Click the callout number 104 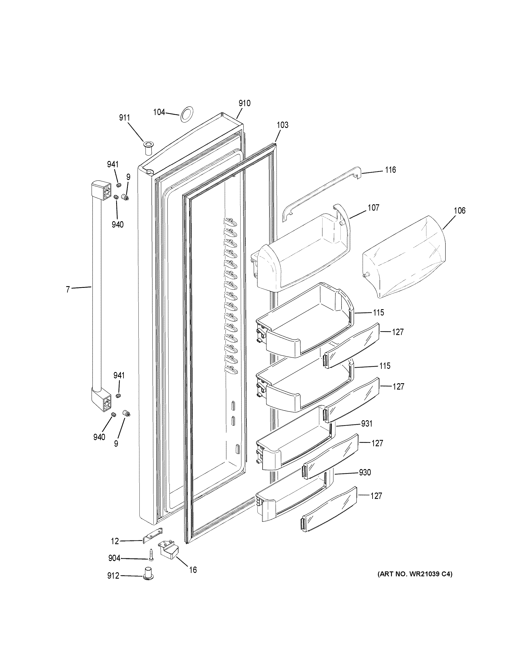tap(159, 112)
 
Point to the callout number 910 tap(245, 103)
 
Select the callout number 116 tap(390, 170)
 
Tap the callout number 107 tap(373, 208)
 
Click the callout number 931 tap(367, 424)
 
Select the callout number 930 tap(365, 472)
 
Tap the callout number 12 tap(115, 541)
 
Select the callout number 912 tap(113, 576)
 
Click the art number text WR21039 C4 tap(415, 574)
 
